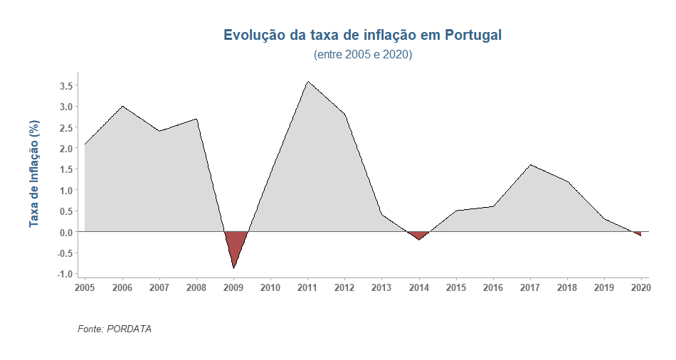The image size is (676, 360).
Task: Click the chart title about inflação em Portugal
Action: [x=363, y=35]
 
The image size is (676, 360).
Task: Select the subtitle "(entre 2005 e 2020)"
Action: [x=363, y=55]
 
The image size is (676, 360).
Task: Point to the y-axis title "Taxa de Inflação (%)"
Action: [x=33, y=174]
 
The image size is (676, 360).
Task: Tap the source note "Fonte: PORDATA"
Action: [x=115, y=329]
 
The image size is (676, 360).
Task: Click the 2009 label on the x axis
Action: [x=233, y=288]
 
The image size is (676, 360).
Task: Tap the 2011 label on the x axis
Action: [x=307, y=288]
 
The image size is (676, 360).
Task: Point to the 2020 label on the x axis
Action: [x=641, y=288]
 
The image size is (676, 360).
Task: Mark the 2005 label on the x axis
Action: [x=85, y=288]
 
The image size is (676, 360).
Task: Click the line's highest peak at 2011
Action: [x=307, y=81]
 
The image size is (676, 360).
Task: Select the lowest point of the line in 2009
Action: [x=233, y=268]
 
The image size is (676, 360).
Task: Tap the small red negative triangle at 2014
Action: [x=418, y=235]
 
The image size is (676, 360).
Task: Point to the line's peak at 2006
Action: [x=122, y=106]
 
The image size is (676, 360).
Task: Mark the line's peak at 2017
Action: [x=530, y=165]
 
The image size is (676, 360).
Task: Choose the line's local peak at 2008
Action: [x=196, y=119]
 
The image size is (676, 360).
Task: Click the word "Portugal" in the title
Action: [x=474, y=35]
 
